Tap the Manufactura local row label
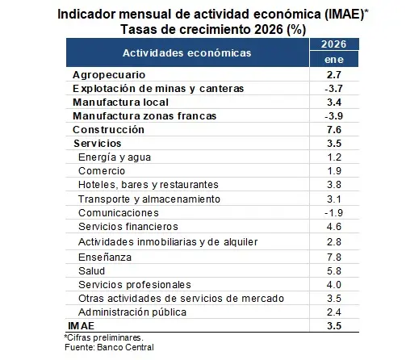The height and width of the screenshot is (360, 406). pos(120,103)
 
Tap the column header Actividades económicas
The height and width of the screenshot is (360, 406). pos(186,52)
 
